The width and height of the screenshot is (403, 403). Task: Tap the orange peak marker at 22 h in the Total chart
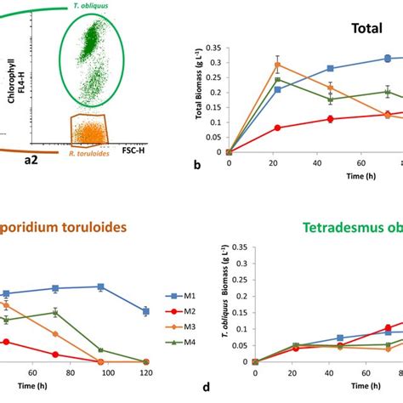point(253,65)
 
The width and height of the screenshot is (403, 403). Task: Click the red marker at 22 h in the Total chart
point(253,128)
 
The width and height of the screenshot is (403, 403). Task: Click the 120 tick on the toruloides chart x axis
point(146,373)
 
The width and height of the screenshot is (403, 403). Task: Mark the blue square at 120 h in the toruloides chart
point(146,311)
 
